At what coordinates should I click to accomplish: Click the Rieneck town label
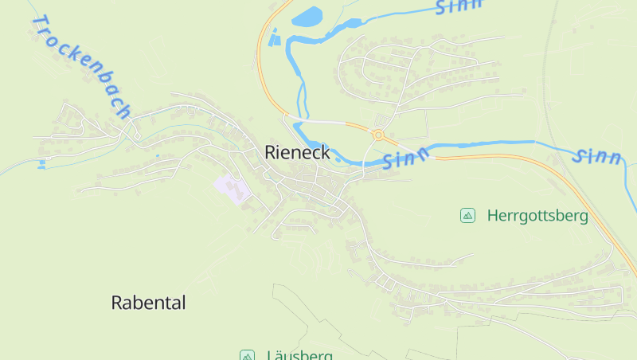[x=297, y=151]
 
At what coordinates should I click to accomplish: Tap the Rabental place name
[x=148, y=303]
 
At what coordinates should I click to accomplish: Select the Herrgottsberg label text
[x=537, y=215]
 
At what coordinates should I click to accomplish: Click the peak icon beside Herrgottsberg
[x=467, y=215]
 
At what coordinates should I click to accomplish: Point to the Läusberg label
[x=299, y=355]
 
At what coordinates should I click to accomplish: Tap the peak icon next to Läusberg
[x=247, y=355]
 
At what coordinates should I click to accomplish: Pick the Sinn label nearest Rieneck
[x=406, y=156]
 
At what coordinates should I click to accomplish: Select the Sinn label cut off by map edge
[x=460, y=6]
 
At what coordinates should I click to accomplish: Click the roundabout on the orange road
[x=378, y=135]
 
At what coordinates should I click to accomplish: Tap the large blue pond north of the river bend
[x=307, y=17]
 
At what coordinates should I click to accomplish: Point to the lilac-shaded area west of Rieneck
[x=231, y=187]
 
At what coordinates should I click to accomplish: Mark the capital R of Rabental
[x=117, y=303]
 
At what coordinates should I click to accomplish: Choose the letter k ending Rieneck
[x=324, y=151]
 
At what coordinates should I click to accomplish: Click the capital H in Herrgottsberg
[x=493, y=215]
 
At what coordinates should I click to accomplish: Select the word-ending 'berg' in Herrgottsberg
[x=573, y=216]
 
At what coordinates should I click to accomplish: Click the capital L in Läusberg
[x=271, y=355]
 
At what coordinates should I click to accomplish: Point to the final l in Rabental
[x=183, y=303]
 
